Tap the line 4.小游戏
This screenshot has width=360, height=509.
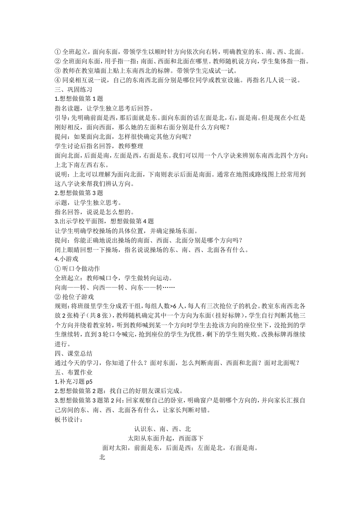[x=66, y=259]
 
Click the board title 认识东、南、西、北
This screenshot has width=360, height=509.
[x=163, y=429]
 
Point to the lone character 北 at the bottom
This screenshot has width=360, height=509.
[x=102, y=457]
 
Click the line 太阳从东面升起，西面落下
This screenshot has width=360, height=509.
[x=166, y=439]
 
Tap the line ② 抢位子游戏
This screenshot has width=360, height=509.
[x=74, y=297]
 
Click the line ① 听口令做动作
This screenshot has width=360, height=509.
[x=77, y=269]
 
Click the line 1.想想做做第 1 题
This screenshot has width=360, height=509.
[x=79, y=98]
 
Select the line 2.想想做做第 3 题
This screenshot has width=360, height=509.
[x=79, y=193]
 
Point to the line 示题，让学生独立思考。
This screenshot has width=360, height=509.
[x=89, y=203]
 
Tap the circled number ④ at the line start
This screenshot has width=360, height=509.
[x=58, y=80]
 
